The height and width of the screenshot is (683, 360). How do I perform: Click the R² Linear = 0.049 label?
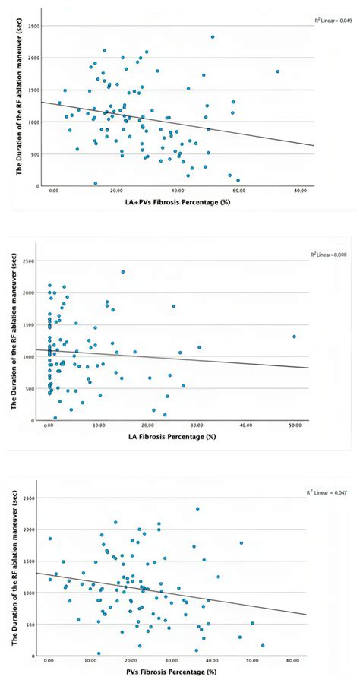coord(332,21)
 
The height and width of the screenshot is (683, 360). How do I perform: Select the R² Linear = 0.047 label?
coord(332,493)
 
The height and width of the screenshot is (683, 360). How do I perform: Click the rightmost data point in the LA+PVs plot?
coord(278,71)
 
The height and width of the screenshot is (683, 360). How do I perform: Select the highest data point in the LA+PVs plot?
coord(213,36)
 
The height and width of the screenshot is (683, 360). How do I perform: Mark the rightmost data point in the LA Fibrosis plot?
coord(294,337)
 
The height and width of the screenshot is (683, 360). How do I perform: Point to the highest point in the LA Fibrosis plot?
coord(123,272)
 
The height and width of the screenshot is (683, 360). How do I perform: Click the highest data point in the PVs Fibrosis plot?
coord(197,509)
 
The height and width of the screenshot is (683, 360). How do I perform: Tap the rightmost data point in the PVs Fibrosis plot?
coord(263,646)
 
